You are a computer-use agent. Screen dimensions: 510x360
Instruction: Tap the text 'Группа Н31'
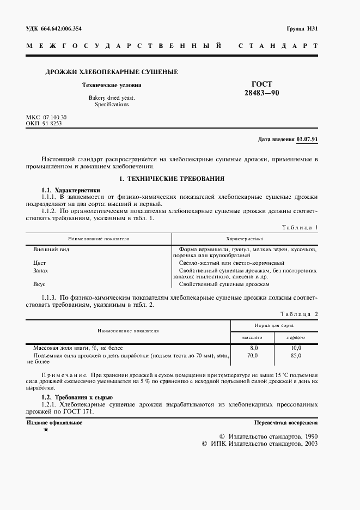[302, 28]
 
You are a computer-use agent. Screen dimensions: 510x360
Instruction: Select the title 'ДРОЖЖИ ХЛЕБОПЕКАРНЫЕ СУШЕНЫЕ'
[111, 72]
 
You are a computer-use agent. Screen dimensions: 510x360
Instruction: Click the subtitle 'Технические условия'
[112, 85]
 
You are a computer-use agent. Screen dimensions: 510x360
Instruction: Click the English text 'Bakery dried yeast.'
[112, 98]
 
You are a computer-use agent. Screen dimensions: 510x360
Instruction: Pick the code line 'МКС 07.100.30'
[46, 117]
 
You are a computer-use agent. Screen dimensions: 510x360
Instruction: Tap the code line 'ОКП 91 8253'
[44, 124]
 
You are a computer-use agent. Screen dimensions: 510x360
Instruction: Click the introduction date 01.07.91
[308, 139]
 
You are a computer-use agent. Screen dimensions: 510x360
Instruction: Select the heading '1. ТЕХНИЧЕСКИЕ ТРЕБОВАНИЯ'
[172, 178]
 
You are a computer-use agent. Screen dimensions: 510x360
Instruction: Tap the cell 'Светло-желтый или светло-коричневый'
[224, 263]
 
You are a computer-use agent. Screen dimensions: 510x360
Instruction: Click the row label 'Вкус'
[39, 284]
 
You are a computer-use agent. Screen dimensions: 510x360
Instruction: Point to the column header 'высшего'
[252, 338]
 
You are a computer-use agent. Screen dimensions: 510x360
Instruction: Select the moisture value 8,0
[253, 348]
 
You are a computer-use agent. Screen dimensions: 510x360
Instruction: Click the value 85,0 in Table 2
[296, 355]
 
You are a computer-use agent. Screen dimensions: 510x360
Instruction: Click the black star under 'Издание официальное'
[46, 430]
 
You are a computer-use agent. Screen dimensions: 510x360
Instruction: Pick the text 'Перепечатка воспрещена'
[286, 423]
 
